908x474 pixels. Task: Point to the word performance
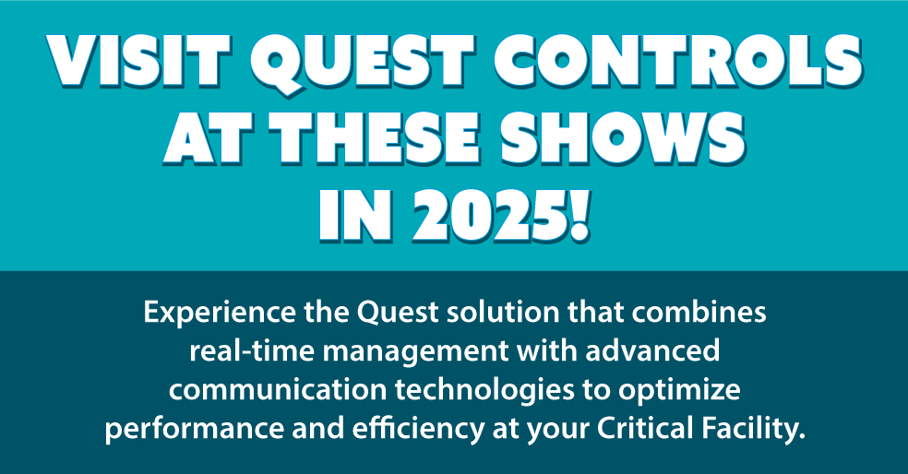point(178,430)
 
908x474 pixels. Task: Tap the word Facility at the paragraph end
point(747,430)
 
